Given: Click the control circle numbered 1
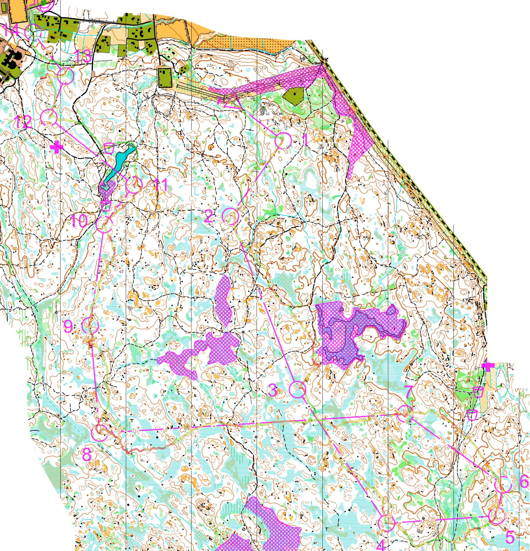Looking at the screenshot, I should [x=283, y=141].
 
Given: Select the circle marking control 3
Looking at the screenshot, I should [x=298, y=389].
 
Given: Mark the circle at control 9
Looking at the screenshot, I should [x=90, y=325].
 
